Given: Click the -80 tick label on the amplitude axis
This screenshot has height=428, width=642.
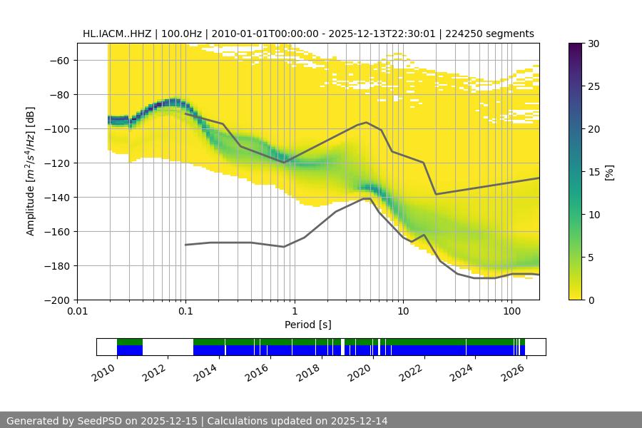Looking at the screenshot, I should tap(58, 95).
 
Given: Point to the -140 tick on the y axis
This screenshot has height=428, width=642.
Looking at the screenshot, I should tap(58, 198).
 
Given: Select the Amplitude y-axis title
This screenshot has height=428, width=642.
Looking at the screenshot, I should tap(31, 171).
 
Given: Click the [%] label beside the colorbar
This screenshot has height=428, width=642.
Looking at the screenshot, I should tap(609, 172).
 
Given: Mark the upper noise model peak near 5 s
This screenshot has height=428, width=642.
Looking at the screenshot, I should tap(367, 123).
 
